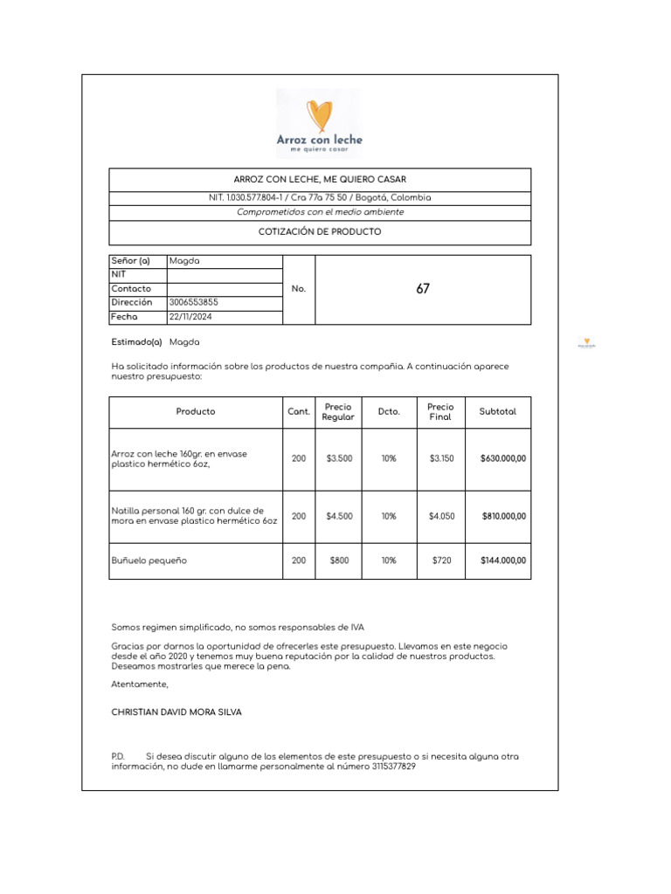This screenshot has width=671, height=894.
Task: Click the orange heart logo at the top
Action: coord(319,115)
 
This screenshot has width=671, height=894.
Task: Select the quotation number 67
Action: coord(423,289)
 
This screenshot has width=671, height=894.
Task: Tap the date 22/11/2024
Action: coord(190,317)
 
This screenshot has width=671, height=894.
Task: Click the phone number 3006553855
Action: coord(193,302)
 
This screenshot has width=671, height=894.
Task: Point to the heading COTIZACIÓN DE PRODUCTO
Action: coord(320,232)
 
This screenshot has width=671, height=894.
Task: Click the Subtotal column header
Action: coord(497,411)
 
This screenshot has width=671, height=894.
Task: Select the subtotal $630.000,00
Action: coord(503,458)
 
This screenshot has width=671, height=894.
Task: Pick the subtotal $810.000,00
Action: coord(504,516)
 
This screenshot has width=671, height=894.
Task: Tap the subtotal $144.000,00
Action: coord(503,560)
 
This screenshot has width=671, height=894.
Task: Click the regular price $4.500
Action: coord(339,516)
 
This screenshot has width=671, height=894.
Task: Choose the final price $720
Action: coord(441,560)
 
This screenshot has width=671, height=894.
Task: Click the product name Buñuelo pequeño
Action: coord(149,560)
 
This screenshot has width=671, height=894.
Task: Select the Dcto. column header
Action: coord(389,411)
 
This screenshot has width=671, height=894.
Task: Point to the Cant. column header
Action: coord(299,411)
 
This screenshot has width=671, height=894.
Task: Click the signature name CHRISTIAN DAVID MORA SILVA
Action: coord(176,712)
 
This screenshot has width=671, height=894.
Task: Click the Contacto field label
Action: coord(131,289)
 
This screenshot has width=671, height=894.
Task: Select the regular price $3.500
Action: coord(339,458)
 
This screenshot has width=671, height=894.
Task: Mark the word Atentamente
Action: coord(140,684)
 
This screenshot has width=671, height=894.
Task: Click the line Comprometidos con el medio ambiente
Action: coord(320,212)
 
